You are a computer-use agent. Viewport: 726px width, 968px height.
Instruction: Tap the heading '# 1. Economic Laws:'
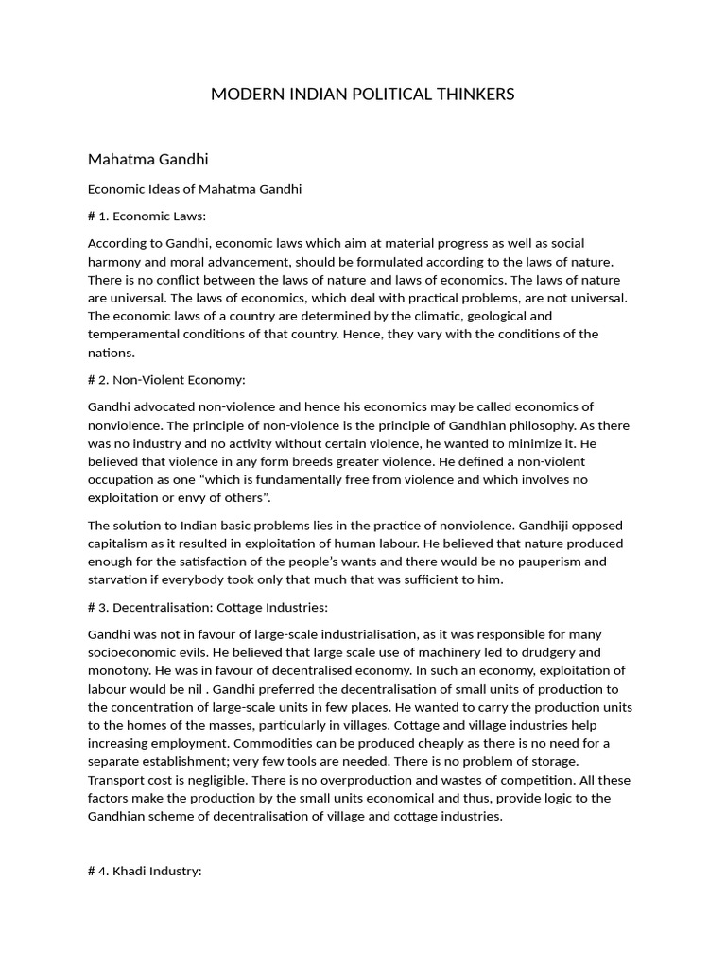point(147,216)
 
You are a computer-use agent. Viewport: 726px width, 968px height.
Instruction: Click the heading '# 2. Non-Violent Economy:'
point(166,379)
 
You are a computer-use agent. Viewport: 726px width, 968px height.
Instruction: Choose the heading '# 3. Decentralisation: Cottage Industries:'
point(208,606)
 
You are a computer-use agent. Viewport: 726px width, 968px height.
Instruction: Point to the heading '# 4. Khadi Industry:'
point(145,871)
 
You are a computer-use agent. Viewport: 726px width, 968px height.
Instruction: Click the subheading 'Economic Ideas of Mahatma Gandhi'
point(195,188)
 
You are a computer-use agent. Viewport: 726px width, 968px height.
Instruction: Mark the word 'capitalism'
point(120,543)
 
